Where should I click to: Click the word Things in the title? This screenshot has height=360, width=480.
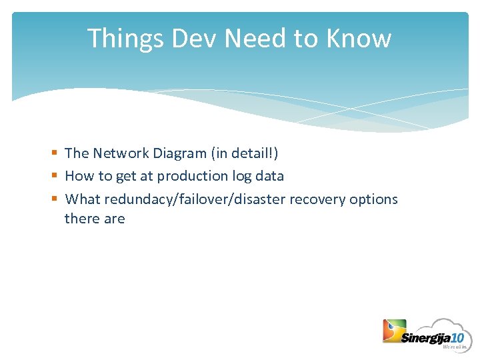pyautogui.click(x=125, y=39)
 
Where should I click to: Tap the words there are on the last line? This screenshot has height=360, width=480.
pyautogui.click(x=94, y=219)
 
